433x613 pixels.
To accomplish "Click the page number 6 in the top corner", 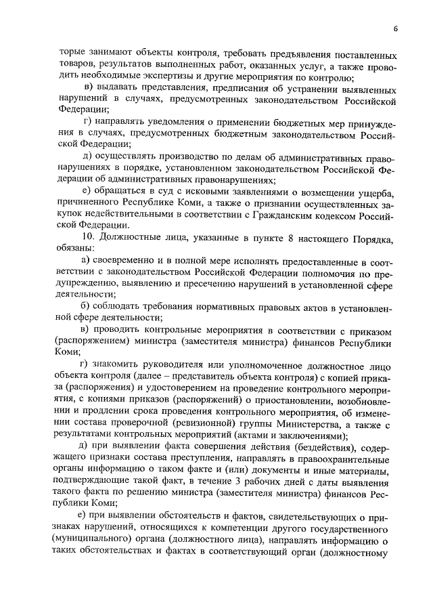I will pyautogui.click(x=394, y=28).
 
